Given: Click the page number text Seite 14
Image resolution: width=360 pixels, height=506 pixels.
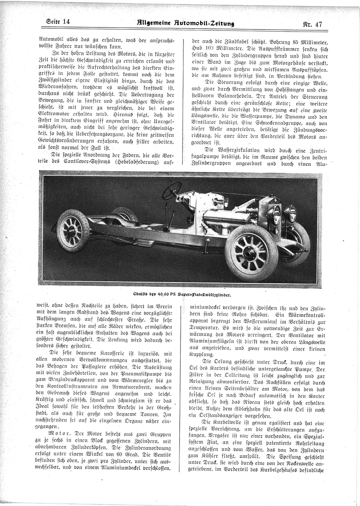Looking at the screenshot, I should click(58, 22).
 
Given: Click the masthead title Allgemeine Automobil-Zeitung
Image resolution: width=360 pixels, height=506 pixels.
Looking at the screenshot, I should click(185, 23).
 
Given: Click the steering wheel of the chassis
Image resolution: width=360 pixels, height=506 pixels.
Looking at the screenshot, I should click(172, 190).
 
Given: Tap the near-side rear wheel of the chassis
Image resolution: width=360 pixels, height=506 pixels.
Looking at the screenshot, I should click(73, 230).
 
